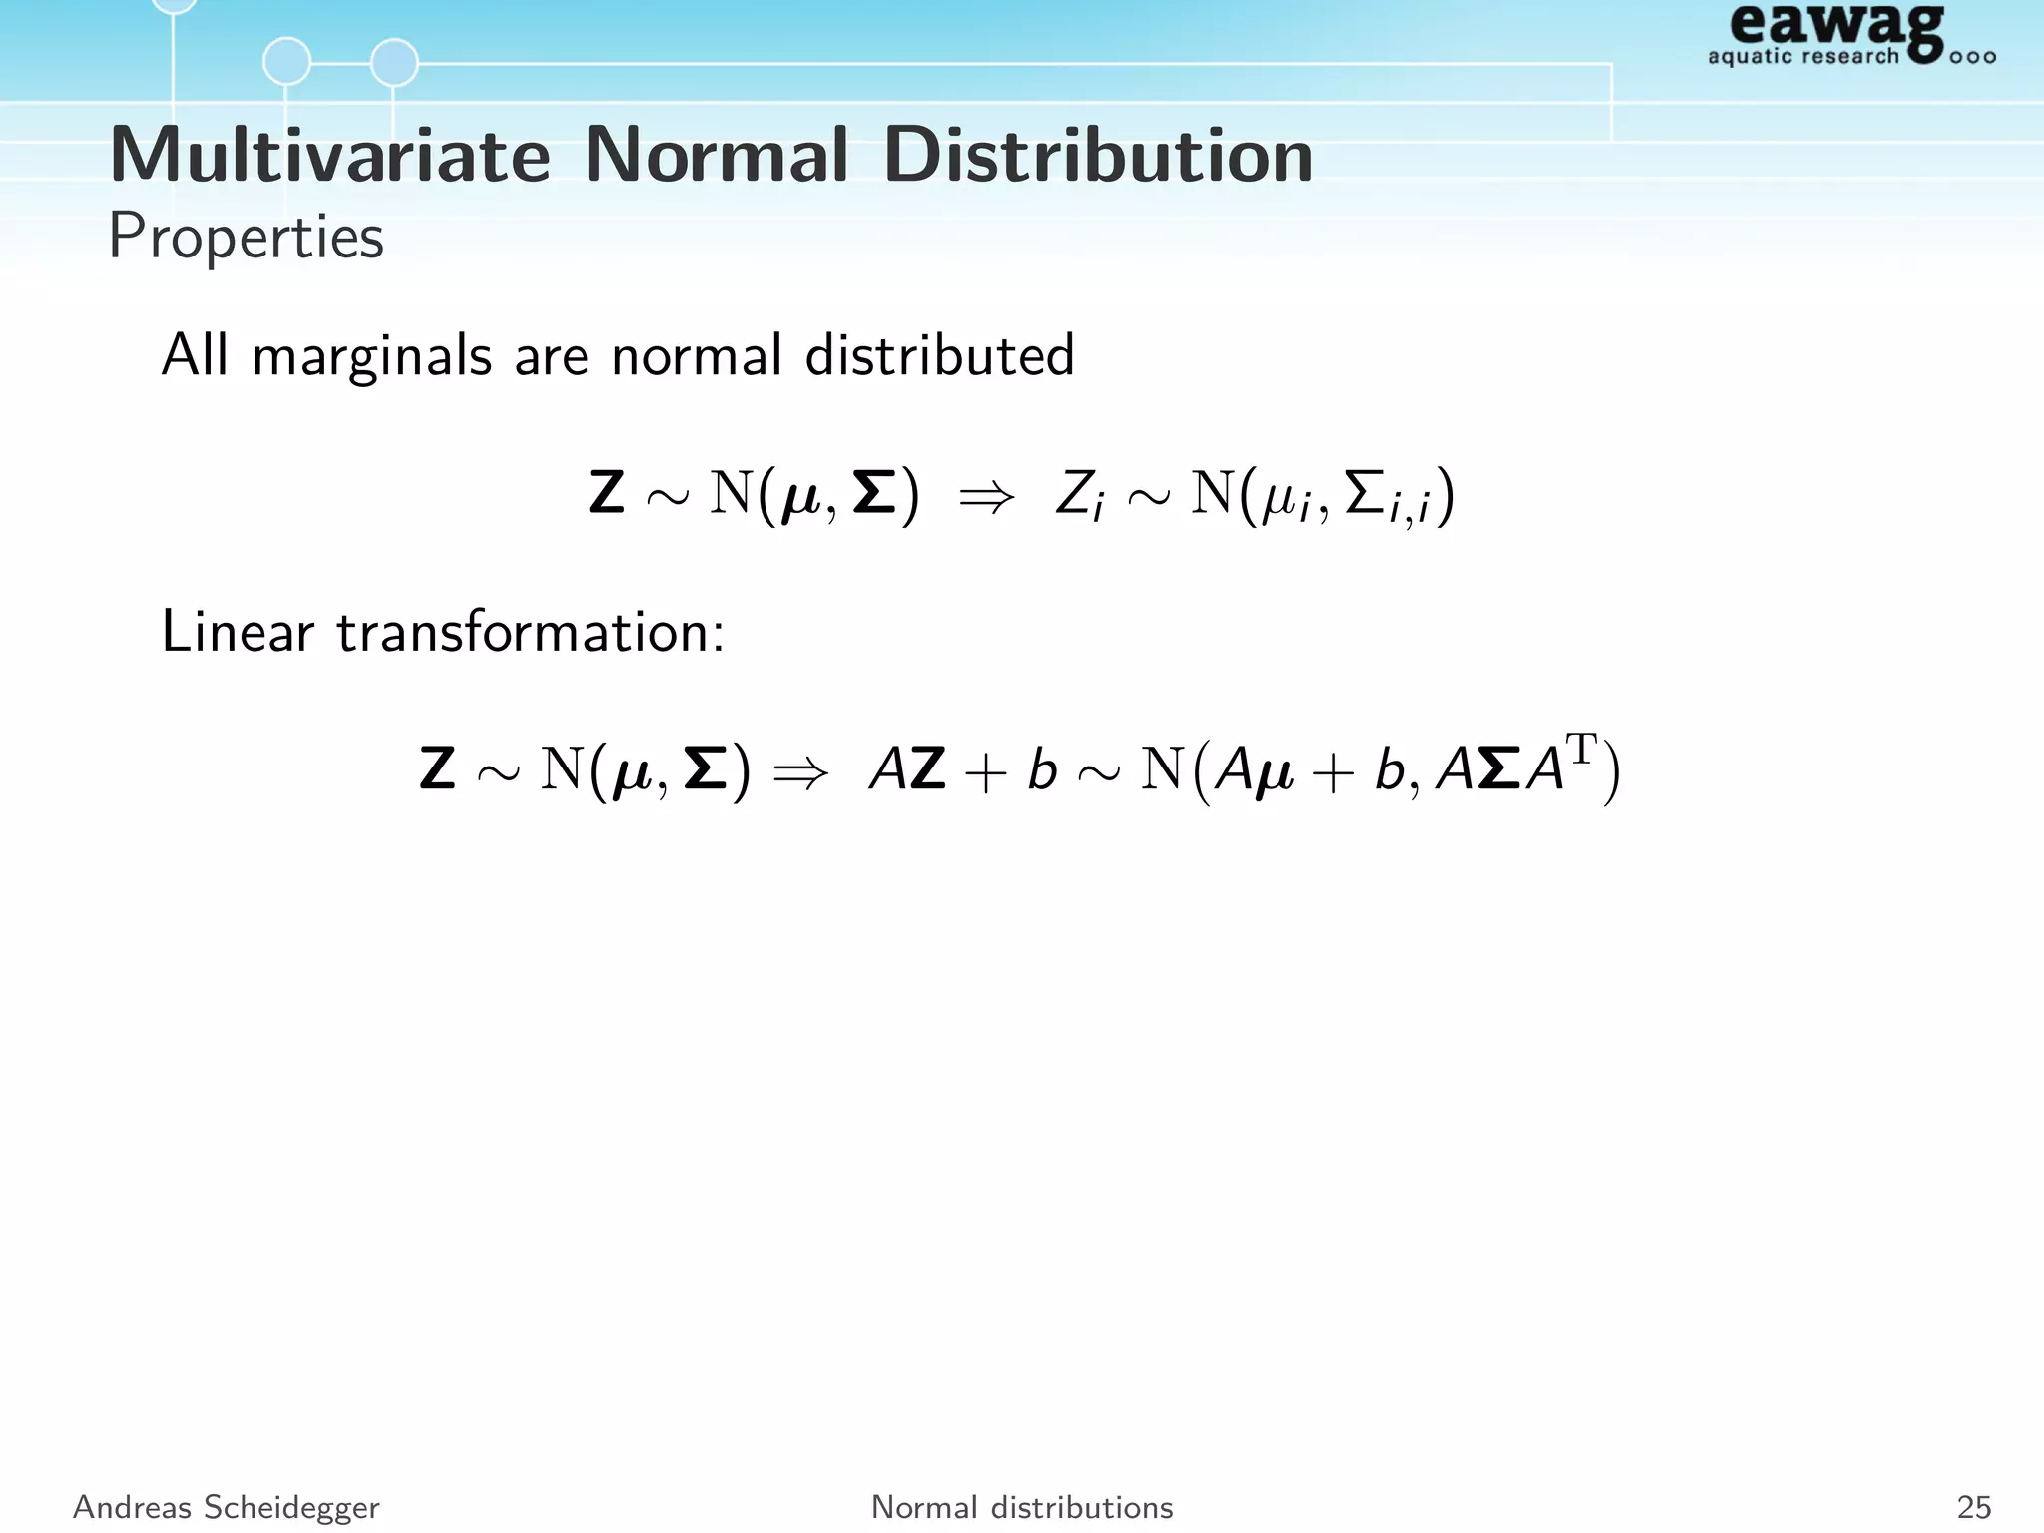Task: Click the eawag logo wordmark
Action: coord(1836,28)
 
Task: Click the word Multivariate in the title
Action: coord(330,156)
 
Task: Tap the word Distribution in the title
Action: coord(1098,156)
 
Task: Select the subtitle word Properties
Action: coord(246,238)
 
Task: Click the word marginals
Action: coord(372,356)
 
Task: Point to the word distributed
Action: coord(939,355)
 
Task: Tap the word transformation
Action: coord(530,632)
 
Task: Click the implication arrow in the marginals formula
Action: coord(986,496)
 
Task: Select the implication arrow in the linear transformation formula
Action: coord(801,771)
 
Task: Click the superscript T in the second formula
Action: coord(1581,749)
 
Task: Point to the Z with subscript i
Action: coord(1080,496)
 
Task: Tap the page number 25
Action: coord(1973,1507)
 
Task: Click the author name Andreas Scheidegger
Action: coord(227,1507)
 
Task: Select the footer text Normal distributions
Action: coord(1022,1507)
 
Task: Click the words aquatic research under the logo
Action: coord(1802,56)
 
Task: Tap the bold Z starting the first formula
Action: coord(607,494)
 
